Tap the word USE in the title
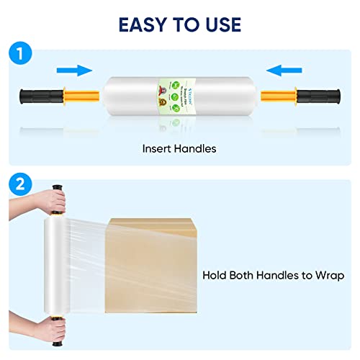[218, 24]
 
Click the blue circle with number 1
[22, 54]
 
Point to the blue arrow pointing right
[75, 70]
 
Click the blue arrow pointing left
[284, 70]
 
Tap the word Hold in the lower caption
[215, 275]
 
